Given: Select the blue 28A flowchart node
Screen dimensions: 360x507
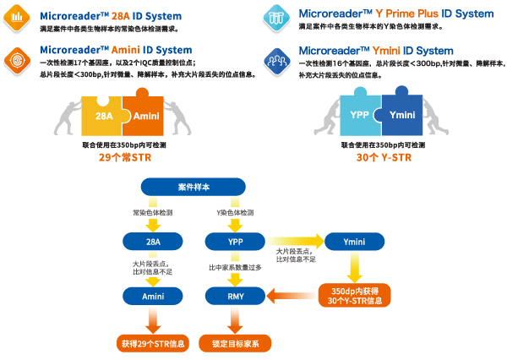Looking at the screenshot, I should tap(153, 243).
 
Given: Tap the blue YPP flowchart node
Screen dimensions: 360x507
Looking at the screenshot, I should tap(235, 243).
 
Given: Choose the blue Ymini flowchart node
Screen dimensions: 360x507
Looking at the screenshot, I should tap(354, 243).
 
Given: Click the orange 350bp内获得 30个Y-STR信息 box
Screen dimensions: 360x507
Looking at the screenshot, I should tap(354, 296).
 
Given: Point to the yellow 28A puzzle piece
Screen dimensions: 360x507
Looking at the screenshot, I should tap(101, 116).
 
